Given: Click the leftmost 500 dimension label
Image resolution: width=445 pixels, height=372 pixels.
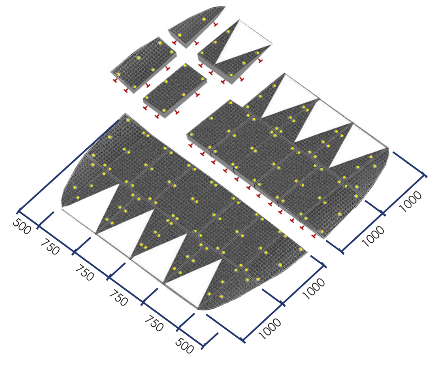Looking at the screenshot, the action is coord(21,227).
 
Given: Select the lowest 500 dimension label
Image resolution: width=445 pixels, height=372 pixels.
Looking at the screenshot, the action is coord(185,346).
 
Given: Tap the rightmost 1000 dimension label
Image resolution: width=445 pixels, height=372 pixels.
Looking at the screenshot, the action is coord(411,201).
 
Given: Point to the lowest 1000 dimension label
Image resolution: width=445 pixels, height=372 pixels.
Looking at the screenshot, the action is coord(270,329).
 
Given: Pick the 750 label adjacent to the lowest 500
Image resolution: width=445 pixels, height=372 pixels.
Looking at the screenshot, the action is coord(154,323).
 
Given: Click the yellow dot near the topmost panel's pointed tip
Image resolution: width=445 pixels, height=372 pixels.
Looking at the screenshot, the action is coord(204,19).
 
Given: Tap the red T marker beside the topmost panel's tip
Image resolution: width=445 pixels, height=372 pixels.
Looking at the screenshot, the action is coord(216,25).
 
